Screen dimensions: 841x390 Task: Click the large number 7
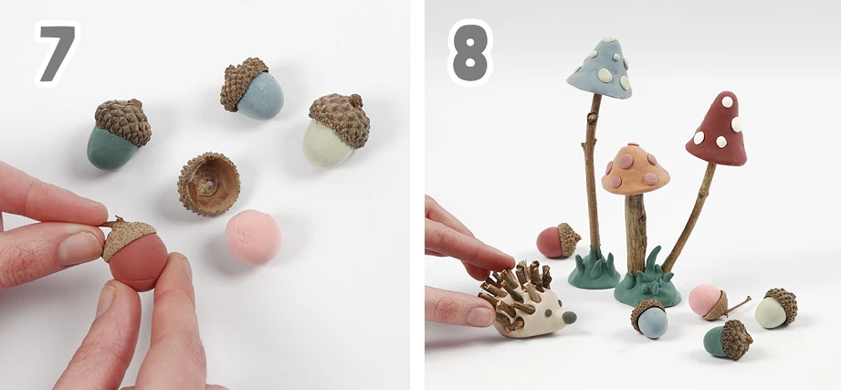click(58, 53)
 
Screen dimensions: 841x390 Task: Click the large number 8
click(470, 52)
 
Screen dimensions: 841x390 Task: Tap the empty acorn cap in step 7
click(208, 184)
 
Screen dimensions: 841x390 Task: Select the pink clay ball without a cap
click(253, 237)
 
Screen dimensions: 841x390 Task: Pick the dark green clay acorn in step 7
click(118, 134)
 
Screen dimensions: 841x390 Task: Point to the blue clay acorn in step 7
click(251, 89)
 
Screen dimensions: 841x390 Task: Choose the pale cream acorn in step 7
click(336, 129)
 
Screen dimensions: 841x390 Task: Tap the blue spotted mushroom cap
click(600, 69)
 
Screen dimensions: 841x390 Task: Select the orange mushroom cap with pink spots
click(635, 169)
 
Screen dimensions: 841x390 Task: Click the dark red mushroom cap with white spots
click(718, 131)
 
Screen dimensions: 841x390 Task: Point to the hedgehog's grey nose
click(570, 317)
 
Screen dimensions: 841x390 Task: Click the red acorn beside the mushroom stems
click(558, 240)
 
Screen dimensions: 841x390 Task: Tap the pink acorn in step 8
click(714, 301)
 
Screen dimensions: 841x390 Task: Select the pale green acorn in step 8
click(776, 308)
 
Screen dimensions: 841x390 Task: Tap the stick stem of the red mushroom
click(689, 217)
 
